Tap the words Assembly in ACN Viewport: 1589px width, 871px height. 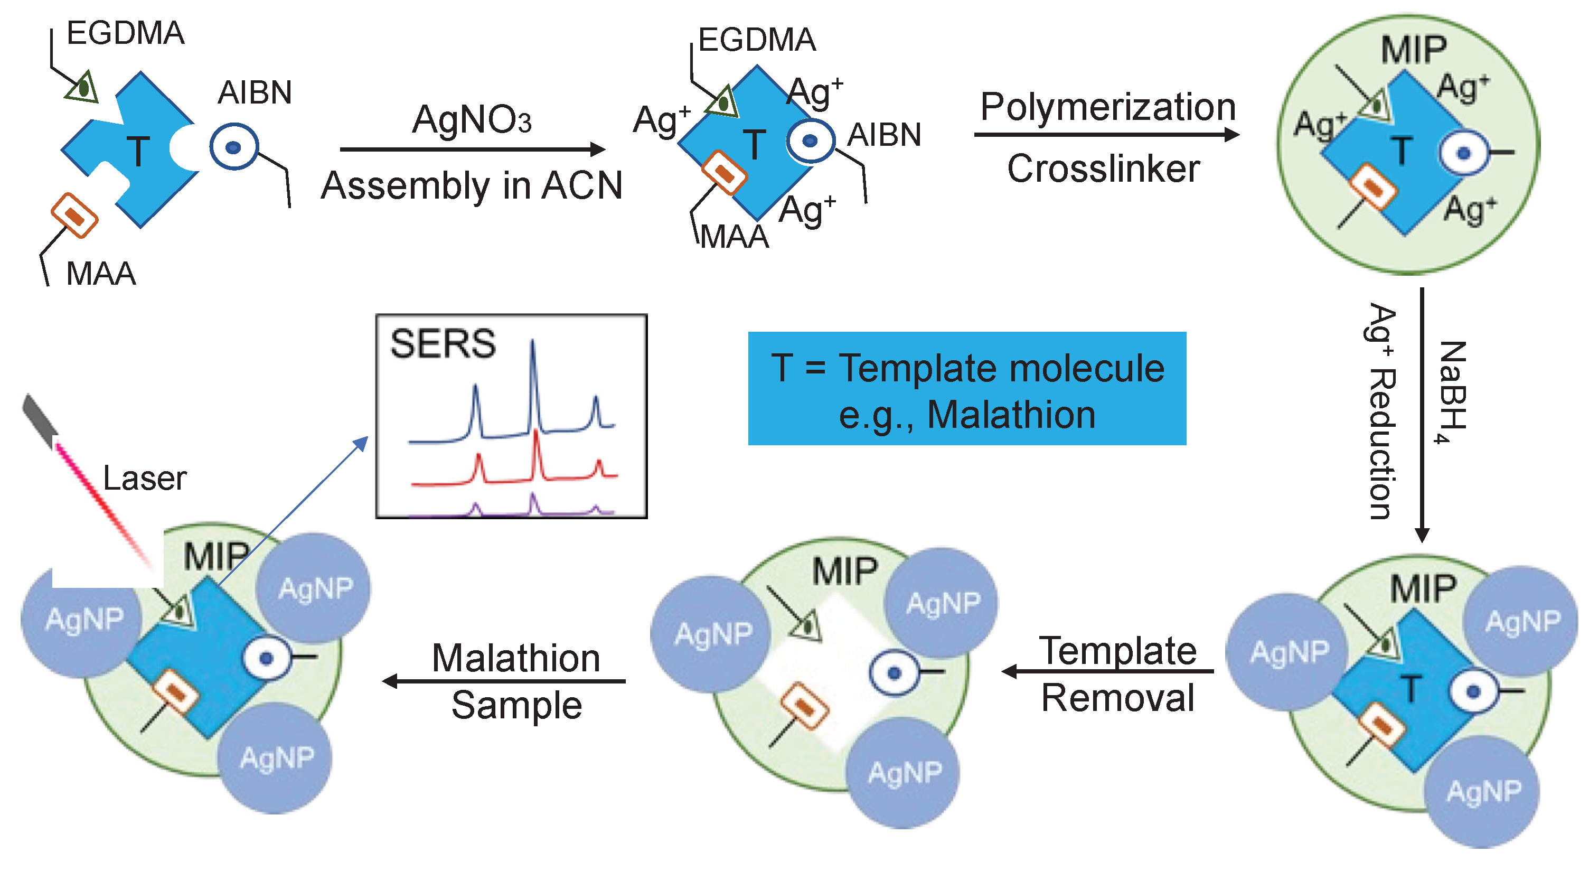(x=472, y=185)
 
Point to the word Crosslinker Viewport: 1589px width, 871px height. (x=1104, y=168)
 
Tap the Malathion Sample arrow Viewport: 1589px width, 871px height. (x=503, y=681)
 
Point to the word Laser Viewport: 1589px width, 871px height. (x=144, y=478)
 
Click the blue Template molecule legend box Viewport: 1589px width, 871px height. (x=966, y=389)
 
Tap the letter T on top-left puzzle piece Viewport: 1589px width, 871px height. (x=138, y=151)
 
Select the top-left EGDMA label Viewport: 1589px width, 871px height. (x=125, y=33)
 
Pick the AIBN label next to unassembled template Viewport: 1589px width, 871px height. (x=254, y=93)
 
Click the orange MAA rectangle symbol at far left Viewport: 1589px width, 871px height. (x=74, y=216)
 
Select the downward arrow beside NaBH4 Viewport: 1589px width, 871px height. (x=1422, y=413)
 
